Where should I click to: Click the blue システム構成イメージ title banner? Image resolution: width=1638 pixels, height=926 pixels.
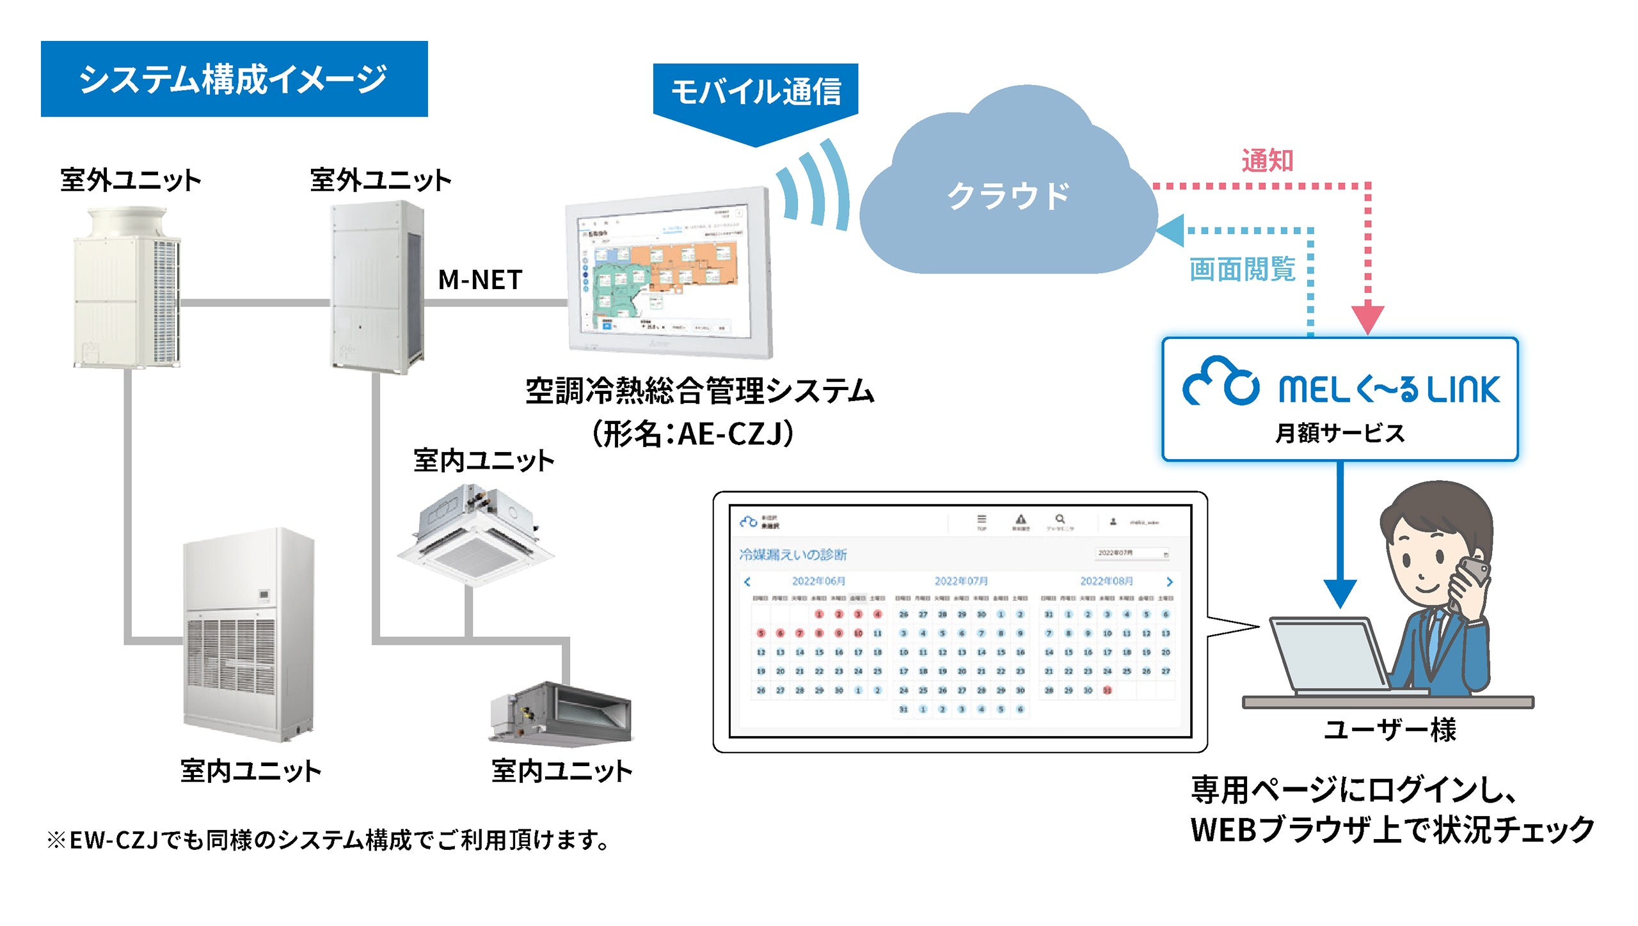pyautogui.click(x=234, y=79)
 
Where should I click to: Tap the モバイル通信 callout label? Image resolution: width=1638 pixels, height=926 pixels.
pyautogui.click(x=755, y=91)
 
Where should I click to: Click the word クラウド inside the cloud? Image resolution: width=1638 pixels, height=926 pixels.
pyautogui.click(x=1008, y=196)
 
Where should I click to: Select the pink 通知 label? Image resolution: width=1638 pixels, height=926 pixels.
pyautogui.click(x=1267, y=161)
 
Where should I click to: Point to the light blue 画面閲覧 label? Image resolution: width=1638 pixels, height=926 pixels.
pyautogui.click(x=1242, y=269)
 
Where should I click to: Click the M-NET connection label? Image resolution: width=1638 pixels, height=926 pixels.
pyautogui.click(x=480, y=280)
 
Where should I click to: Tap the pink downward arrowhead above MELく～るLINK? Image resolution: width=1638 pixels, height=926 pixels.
pyautogui.click(x=1367, y=318)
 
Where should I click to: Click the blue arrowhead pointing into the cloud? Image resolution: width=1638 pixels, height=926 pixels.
pyautogui.click(x=1171, y=230)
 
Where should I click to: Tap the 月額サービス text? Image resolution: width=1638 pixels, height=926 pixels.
pyautogui.click(x=1340, y=433)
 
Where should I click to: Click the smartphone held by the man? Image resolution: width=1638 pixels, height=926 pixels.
pyautogui.click(x=1472, y=576)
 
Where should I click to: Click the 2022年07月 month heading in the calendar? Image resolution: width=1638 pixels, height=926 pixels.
pyautogui.click(x=961, y=581)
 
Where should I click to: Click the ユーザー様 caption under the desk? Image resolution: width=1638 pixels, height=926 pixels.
pyautogui.click(x=1390, y=730)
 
